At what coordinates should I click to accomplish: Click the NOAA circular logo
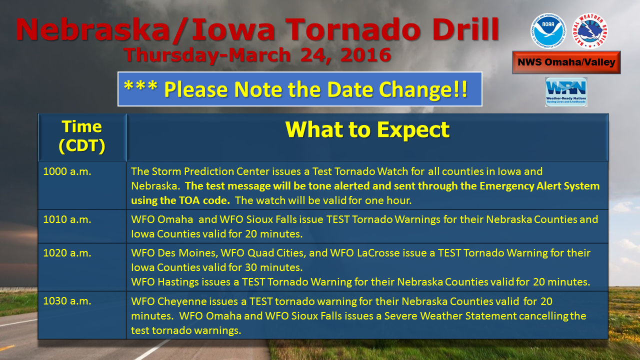(x=547, y=31)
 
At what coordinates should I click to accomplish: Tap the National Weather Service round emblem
(x=589, y=31)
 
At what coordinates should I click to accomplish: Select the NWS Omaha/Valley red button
(x=566, y=62)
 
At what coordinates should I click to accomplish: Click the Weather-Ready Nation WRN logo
(x=566, y=91)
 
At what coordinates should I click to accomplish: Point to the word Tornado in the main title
(x=353, y=29)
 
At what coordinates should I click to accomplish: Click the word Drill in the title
(x=465, y=29)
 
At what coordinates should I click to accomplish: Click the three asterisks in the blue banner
(x=140, y=86)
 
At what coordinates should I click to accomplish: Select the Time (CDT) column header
(x=82, y=136)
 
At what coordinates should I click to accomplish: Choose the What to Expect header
(x=367, y=130)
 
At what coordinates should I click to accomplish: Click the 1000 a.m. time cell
(x=67, y=171)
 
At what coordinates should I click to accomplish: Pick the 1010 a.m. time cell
(x=67, y=219)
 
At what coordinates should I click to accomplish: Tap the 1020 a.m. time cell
(x=67, y=253)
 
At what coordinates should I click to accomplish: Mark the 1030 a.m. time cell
(x=67, y=301)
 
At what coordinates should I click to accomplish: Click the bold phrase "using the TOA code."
(x=180, y=200)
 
